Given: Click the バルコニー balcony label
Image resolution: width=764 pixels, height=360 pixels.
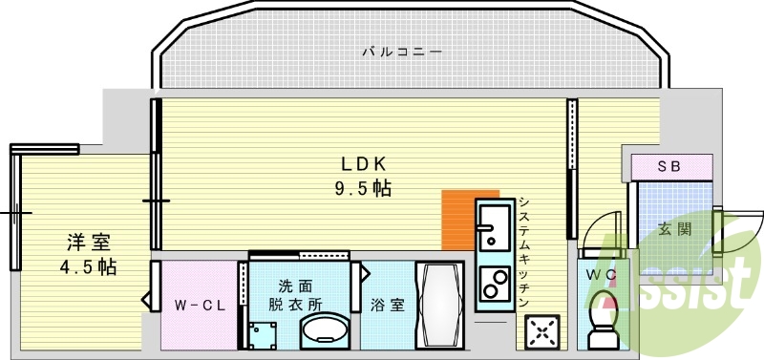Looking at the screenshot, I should (x=401, y=52).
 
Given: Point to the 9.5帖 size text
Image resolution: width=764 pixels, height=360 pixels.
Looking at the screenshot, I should (x=363, y=188).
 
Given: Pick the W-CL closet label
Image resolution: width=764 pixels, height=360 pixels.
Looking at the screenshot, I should (x=199, y=306).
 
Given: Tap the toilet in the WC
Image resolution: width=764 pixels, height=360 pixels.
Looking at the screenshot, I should (x=603, y=320).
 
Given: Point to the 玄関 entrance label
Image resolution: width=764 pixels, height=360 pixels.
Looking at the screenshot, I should (x=675, y=229).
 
